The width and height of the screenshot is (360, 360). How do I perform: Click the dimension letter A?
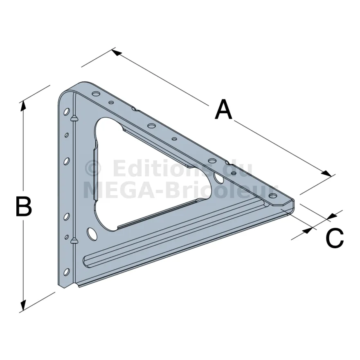click(223, 109)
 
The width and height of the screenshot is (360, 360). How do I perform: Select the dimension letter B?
click(24, 206)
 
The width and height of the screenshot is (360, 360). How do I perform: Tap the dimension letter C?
click(335, 238)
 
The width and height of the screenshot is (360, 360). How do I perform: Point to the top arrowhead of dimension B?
click(23, 106)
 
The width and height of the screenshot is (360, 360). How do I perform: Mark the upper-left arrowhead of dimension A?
click(117, 52)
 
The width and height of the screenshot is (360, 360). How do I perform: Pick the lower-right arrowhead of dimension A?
click(327, 173)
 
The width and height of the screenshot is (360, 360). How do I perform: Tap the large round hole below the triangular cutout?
click(92, 234)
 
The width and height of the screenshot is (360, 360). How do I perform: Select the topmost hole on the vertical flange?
click(67, 112)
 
